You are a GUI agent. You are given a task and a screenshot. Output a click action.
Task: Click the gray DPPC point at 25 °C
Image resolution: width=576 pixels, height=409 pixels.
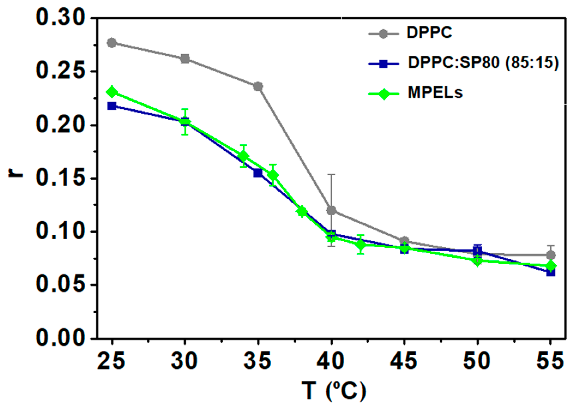click(x=112, y=43)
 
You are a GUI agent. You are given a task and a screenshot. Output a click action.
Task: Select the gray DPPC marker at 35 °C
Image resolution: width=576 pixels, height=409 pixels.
click(x=258, y=87)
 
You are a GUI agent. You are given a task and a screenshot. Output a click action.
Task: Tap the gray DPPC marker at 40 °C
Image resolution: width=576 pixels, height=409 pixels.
click(x=331, y=210)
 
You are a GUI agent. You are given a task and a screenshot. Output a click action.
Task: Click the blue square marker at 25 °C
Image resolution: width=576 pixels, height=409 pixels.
click(x=112, y=106)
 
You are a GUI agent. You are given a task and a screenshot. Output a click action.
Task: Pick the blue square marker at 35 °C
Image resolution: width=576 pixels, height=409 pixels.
click(x=258, y=173)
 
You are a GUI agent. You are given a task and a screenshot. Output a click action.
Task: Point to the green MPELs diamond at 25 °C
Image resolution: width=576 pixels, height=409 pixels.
click(x=112, y=92)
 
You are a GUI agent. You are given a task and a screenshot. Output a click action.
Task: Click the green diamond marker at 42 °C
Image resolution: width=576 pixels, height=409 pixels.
click(x=361, y=245)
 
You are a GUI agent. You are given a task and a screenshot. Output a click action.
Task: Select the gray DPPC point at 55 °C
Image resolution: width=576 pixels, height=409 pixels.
click(x=551, y=255)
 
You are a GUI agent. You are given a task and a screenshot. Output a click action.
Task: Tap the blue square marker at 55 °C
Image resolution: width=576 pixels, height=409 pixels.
click(x=551, y=272)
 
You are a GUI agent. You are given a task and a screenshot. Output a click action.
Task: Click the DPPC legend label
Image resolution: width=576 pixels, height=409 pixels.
click(x=429, y=32)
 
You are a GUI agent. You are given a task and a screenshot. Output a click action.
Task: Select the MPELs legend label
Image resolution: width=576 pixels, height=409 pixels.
click(x=435, y=92)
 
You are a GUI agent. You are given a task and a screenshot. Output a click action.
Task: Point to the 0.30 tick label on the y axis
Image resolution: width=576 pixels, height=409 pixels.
click(x=60, y=18)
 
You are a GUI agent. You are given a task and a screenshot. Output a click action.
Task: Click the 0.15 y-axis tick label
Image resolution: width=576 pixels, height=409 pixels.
click(x=60, y=178)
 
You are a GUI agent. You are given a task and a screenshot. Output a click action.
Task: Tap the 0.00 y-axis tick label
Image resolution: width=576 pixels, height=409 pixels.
click(x=60, y=338)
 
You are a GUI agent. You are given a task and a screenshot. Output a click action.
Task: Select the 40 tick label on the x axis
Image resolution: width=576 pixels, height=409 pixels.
click(x=330, y=361)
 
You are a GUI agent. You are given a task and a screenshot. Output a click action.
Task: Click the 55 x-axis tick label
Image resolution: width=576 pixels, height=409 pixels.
click(x=550, y=361)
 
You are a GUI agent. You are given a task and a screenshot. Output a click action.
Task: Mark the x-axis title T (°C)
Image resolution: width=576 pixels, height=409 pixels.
click(x=334, y=391)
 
